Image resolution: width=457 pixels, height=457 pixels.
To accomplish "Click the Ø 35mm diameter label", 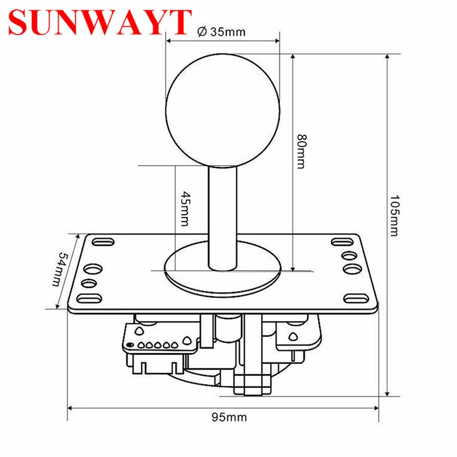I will [x=221, y=31].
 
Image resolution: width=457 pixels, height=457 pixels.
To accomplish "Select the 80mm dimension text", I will [x=301, y=151].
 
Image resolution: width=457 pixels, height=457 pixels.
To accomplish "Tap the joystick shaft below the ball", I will [x=222, y=217].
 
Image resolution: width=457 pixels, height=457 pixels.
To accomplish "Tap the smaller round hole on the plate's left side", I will [x=89, y=283].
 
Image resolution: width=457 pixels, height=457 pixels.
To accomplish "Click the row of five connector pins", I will [x=151, y=345].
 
